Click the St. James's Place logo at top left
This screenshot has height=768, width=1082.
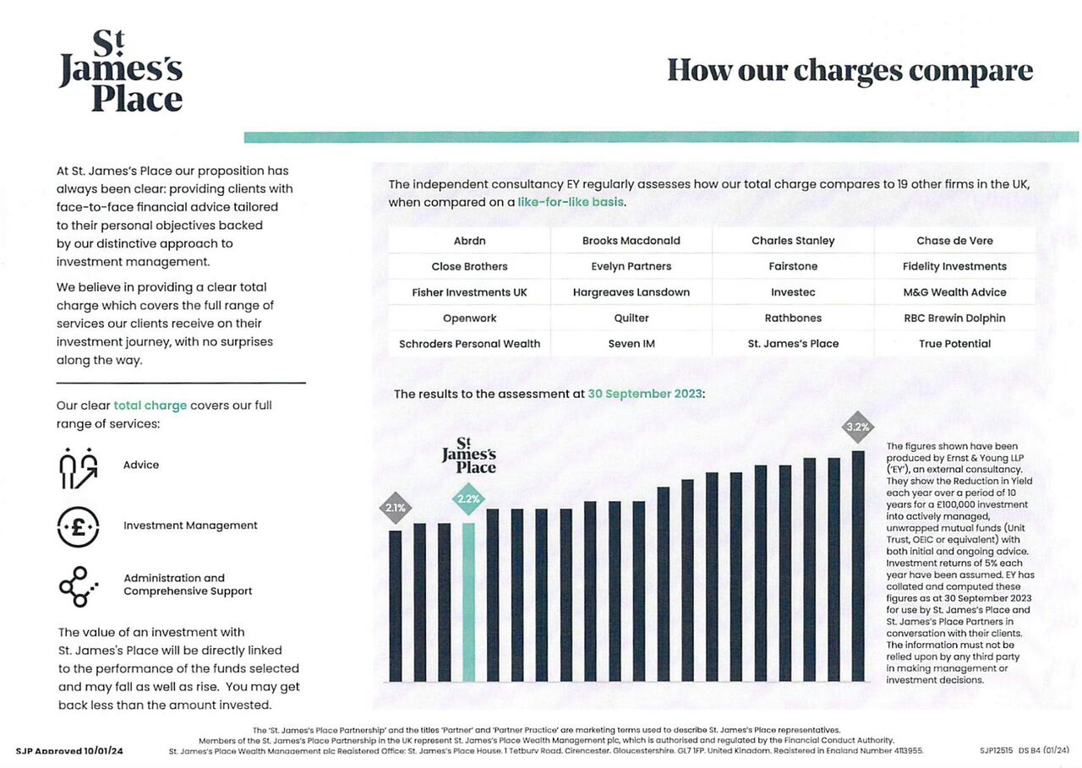pos(121,72)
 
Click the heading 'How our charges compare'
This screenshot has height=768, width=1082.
pos(850,70)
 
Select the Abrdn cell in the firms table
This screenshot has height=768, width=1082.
pos(469,241)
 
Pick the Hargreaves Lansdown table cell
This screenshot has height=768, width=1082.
pos(631,292)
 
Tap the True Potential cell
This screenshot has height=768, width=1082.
pos(954,344)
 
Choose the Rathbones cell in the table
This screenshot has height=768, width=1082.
pos(793,319)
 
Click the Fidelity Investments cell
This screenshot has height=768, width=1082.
pos(954,267)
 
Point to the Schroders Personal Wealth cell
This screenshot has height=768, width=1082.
pos(469,344)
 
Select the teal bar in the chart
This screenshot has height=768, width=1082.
pos(468,602)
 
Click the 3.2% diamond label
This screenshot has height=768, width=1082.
pos(857,427)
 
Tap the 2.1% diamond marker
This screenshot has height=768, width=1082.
pos(395,509)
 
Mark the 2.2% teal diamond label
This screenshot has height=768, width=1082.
pos(468,498)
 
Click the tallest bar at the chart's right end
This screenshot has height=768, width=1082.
pos(858,566)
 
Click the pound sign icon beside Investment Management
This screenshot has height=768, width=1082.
pos(78,526)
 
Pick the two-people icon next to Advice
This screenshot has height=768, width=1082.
pos(78,467)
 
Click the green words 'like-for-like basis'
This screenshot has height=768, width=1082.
pos(571,203)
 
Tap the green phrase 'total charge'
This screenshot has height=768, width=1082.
pos(150,406)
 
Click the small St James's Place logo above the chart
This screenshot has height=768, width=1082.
pos(468,455)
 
